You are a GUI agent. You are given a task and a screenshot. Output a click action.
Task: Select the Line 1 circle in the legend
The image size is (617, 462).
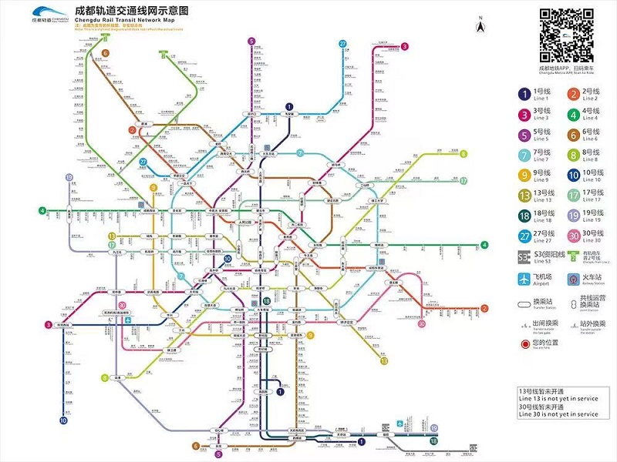pos(523,94)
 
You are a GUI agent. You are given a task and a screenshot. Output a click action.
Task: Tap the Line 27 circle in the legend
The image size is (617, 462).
pos(523,236)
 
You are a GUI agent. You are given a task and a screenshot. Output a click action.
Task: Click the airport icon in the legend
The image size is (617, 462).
pos(524,278)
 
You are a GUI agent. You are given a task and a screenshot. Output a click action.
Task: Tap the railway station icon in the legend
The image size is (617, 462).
pos(572,278)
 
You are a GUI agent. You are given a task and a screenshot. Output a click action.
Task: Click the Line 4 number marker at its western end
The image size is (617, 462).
pos(43,210)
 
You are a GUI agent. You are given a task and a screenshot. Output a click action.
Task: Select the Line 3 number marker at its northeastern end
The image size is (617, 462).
pos(404,46)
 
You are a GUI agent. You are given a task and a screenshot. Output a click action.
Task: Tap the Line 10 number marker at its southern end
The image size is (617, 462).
pos(63,421)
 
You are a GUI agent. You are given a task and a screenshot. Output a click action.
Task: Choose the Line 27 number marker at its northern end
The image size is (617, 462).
pos(342,44)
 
